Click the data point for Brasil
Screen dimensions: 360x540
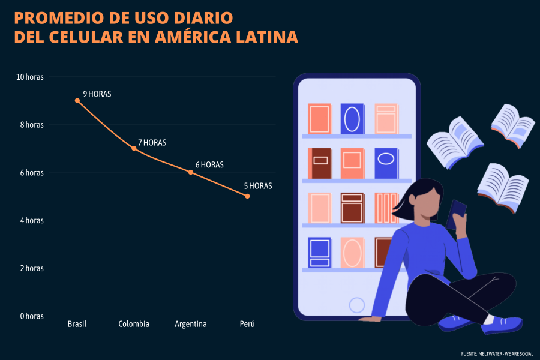tap(77, 101)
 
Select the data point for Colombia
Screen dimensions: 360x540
tap(134, 148)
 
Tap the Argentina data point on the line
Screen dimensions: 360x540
tap(191, 172)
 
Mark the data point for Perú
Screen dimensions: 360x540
tap(247, 196)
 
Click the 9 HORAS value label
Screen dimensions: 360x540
tap(97, 94)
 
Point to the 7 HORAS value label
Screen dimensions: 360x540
tap(152, 143)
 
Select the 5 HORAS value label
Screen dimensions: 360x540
tap(258, 186)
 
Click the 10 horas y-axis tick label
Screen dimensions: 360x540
tap(29, 77)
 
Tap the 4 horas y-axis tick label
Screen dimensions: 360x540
tap(31, 220)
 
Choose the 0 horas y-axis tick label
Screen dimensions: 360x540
tap(31, 316)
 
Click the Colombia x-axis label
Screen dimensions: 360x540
tap(134, 325)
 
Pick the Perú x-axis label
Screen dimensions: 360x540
tap(247, 325)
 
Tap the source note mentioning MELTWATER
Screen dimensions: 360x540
tap(497, 353)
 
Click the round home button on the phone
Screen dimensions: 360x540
tap(357, 305)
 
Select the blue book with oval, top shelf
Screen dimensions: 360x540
tap(352, 119)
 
